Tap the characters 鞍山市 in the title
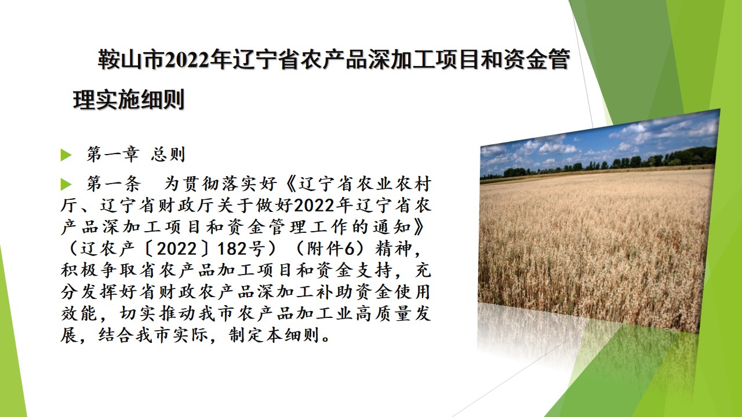tap(131, 60)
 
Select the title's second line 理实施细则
tap(129, 99)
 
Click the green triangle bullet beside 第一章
tap(66, 155)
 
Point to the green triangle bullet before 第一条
tap(66, 184)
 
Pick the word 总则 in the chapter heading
tap(168, 154)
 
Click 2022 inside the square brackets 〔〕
tap(177, 249)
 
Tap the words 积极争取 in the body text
tap(99, 270)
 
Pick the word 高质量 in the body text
tap(383, 313)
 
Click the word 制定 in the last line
tap(246, 335)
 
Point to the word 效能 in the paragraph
tap(79, 313)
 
